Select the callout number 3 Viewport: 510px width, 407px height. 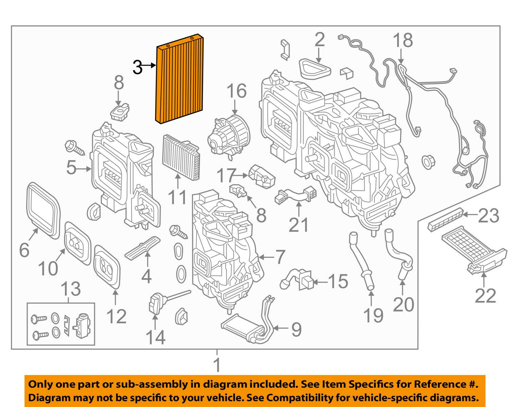137,67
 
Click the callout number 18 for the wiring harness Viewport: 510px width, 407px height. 403,40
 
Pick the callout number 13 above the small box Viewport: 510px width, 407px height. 71,289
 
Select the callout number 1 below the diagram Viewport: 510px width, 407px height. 217,366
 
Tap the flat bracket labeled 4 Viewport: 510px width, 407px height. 143,247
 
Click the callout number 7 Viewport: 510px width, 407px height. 279,257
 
